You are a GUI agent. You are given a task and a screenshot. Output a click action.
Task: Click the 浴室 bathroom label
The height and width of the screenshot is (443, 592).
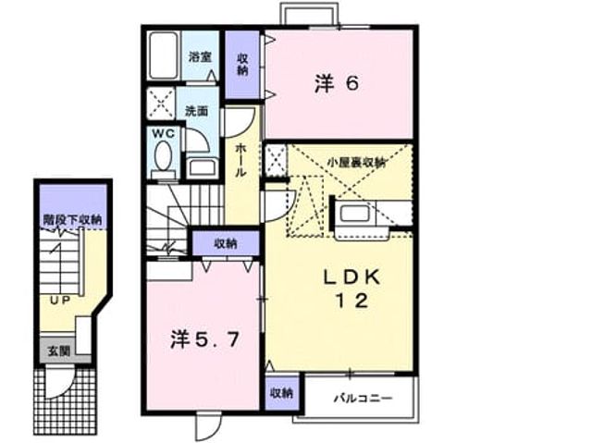[x=200, y=57]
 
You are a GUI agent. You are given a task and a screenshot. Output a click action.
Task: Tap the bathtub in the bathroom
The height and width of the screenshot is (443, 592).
[x=163, y=55]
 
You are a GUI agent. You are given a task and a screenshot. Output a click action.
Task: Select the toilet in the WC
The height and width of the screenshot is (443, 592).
[x=163, y=159]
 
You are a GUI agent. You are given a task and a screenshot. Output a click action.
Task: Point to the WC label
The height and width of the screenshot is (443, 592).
[x=163, y=133]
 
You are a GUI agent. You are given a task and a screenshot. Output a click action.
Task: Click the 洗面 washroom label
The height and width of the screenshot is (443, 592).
[x=197, y=111]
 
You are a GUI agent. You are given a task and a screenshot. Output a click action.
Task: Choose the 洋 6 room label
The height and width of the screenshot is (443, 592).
[x=337, y=83]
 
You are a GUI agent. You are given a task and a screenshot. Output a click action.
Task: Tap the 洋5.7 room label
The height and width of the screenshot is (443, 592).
[x=204, y=339]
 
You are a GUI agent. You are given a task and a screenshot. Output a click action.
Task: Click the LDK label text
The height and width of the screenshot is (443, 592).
[x=351, y=278]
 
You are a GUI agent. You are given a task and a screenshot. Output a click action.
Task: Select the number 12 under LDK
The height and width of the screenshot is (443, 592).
[x=351, y=301]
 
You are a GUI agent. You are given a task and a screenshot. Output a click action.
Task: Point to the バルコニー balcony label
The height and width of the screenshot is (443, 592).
[x=363, y=398]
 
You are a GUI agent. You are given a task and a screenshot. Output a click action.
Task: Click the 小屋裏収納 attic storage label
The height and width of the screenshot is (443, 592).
[x=356, y=163]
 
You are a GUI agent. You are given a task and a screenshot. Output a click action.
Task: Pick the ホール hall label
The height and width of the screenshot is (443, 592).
[x=241, y=160]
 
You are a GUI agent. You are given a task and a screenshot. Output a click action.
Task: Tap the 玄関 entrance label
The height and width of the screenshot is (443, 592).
[x=59, y=351]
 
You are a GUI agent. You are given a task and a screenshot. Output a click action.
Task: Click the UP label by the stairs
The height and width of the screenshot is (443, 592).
[x=60, y=301]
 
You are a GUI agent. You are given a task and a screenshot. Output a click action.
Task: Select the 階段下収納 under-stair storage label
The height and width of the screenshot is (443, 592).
[x=72, y=219]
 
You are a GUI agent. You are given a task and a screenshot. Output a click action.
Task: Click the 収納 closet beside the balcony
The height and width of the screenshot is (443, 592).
[x=281, y=393]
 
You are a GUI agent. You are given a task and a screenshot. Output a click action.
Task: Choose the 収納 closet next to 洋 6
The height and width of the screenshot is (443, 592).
[x=242, y=64]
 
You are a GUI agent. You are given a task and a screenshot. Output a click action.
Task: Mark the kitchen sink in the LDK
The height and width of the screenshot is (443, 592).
[x=354, y=214]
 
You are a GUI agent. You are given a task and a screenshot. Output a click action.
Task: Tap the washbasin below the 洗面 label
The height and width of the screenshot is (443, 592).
[x=202, y=167]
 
